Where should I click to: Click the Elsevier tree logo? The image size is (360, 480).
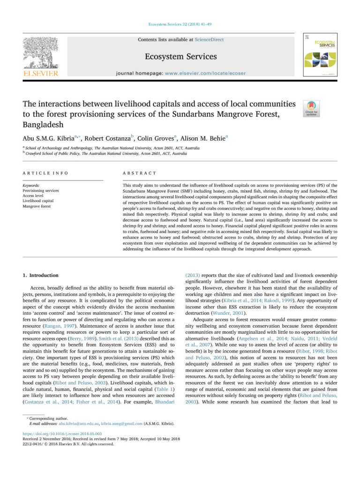click(41, 52)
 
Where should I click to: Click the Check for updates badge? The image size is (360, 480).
click(312, 108)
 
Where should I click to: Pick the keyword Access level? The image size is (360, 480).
click(35, 195)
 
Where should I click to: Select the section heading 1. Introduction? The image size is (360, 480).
click(41, 275)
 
